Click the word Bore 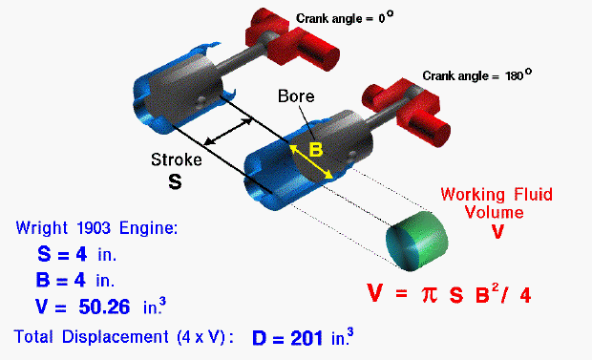point(294,97)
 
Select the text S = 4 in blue point(72,255)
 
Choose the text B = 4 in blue point(72,281)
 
